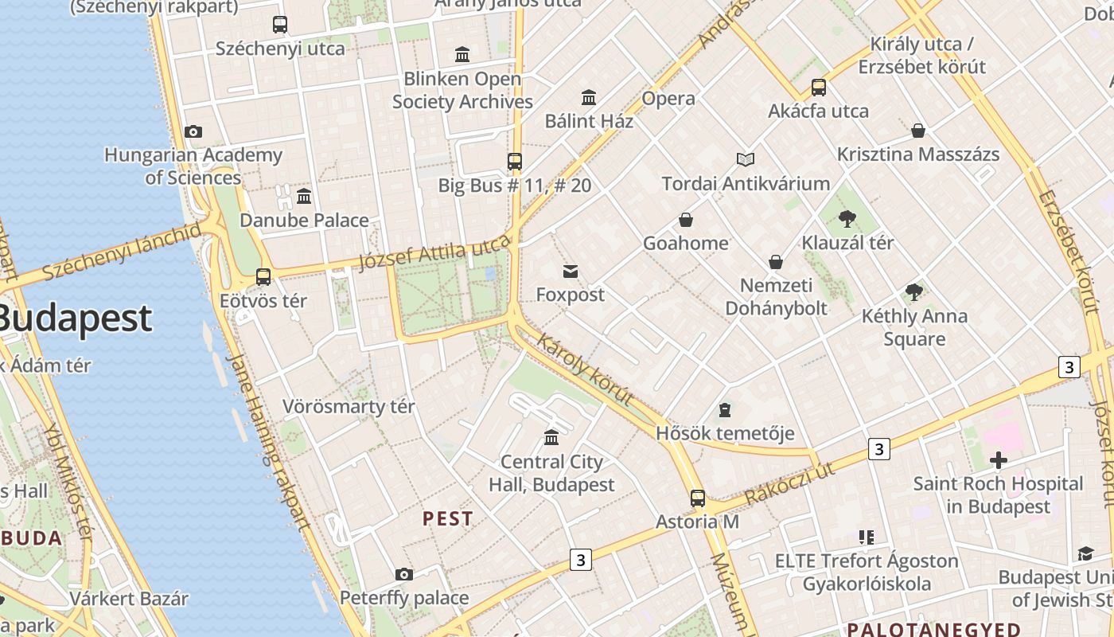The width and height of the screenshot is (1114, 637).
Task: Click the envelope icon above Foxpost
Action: [571, 272]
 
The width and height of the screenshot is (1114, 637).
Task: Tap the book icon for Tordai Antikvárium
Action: [746, 160]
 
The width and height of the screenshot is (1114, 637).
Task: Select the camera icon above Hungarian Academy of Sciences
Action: [193, 131]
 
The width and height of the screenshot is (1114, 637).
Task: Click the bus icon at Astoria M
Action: [698, 498]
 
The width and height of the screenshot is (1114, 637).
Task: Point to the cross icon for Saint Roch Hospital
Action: [998, 459]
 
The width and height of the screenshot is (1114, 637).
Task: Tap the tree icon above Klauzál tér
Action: [847, 218]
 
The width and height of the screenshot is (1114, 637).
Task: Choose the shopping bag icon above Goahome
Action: [686, 220]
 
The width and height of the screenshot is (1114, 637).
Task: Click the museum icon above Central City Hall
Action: [551, 437]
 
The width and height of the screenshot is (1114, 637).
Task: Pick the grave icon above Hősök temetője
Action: [725, 410]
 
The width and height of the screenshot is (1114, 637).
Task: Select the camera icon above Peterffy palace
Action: [404, 574]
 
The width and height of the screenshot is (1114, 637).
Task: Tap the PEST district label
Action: [448, 519]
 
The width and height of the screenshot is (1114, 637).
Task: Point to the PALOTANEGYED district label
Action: [933, 629]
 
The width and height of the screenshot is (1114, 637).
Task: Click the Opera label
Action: [668, 99]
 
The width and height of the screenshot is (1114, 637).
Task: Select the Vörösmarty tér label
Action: [349, 407]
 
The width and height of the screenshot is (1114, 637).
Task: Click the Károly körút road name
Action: [586, 369]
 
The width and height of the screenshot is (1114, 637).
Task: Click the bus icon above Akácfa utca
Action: [819, 88]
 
